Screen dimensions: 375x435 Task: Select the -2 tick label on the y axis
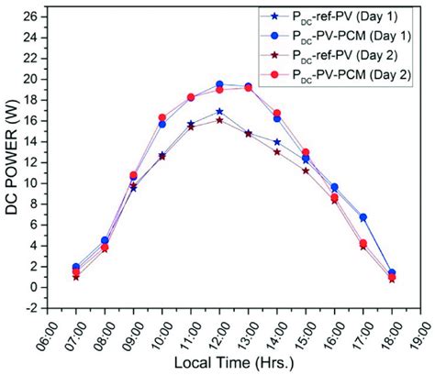(32, 308)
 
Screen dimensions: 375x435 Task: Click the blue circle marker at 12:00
(219, 84)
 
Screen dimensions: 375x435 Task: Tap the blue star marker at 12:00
(219, 112)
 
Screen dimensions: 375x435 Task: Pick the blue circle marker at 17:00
(363, 217)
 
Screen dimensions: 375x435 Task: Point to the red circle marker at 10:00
(162, 117)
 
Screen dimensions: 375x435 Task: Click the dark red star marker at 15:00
(306, 171)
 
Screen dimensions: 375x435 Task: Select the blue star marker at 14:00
(277, 142)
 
